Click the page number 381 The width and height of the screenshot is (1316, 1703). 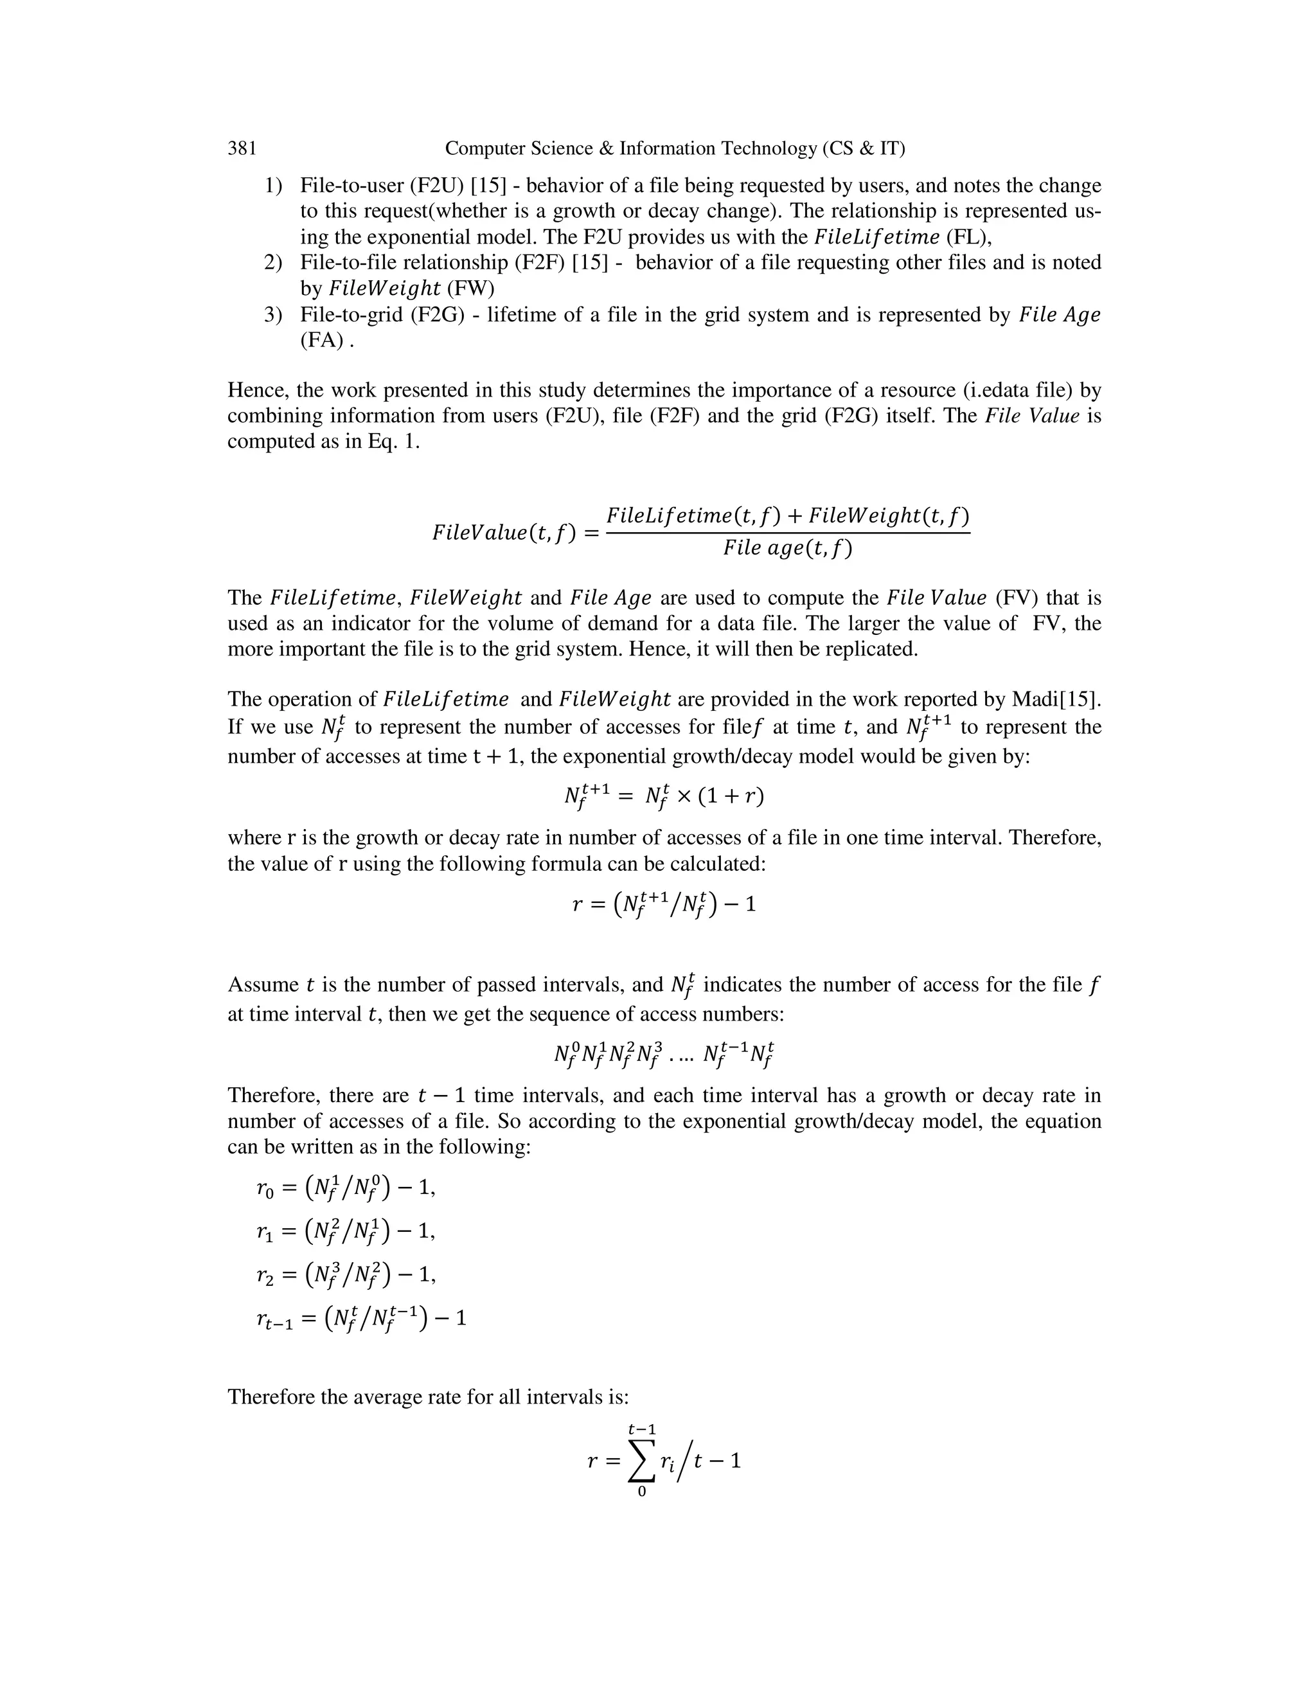(242, 148)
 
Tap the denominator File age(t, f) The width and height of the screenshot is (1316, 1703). (787, 549)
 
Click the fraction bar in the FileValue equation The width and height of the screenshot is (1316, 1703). (787, 533)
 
